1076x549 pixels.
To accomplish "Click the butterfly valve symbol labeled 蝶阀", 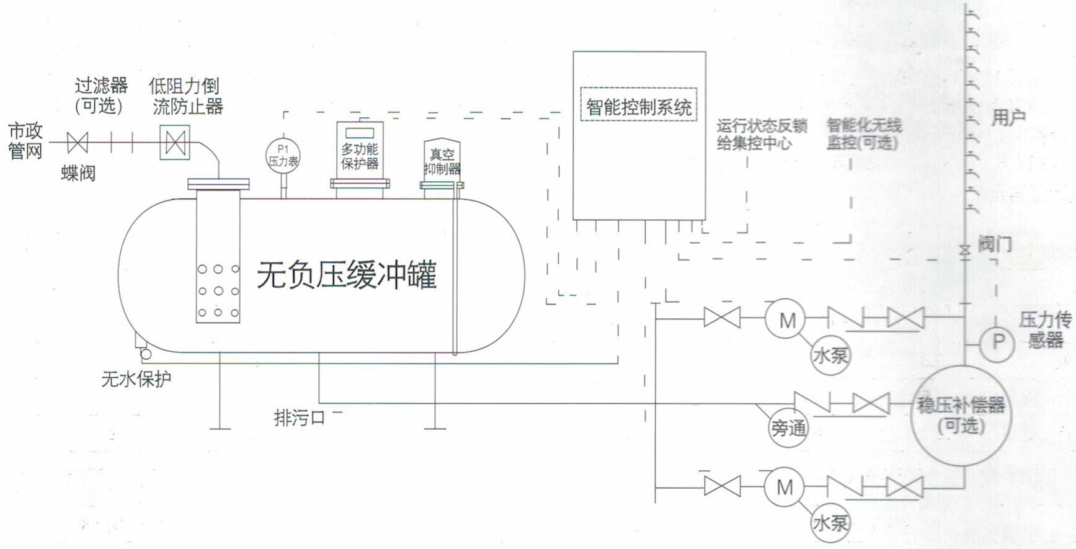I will [x=78, y=143].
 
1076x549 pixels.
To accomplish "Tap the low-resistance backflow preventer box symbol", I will [x=175, y=143].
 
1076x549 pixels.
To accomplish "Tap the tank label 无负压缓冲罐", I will [x=347, y=275].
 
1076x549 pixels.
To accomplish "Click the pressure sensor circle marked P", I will [x=997, y=342].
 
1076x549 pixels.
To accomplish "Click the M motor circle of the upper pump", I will [x=786, y=320].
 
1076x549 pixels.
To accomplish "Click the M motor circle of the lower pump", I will [x=785, y=488].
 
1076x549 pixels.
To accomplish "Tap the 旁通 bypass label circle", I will [x=788, y=427].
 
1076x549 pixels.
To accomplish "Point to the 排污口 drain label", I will [x=300, y=417].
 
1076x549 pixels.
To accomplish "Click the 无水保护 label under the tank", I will [x=136, y=378].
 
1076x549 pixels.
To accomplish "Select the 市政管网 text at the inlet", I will [x=25, y=141].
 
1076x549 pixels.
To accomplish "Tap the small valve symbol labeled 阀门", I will [x=964, y=251].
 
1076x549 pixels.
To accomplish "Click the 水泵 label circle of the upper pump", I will [x=830, y=355].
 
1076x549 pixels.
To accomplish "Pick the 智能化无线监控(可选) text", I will [x=863, y=134].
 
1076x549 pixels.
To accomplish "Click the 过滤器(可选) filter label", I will [x=100, y=96].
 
